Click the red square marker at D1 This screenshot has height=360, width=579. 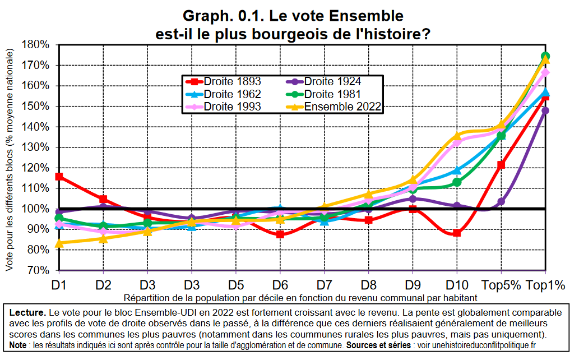59,177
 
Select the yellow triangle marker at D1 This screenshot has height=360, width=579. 59,243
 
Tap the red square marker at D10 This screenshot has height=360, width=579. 457,233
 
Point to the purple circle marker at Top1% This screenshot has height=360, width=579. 545,110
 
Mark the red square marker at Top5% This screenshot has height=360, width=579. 501,165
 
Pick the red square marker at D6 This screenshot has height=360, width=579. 280,234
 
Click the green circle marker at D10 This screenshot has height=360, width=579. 457,182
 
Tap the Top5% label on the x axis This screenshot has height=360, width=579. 501,285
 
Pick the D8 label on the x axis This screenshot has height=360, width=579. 368,285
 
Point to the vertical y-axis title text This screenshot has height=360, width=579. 10,160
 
